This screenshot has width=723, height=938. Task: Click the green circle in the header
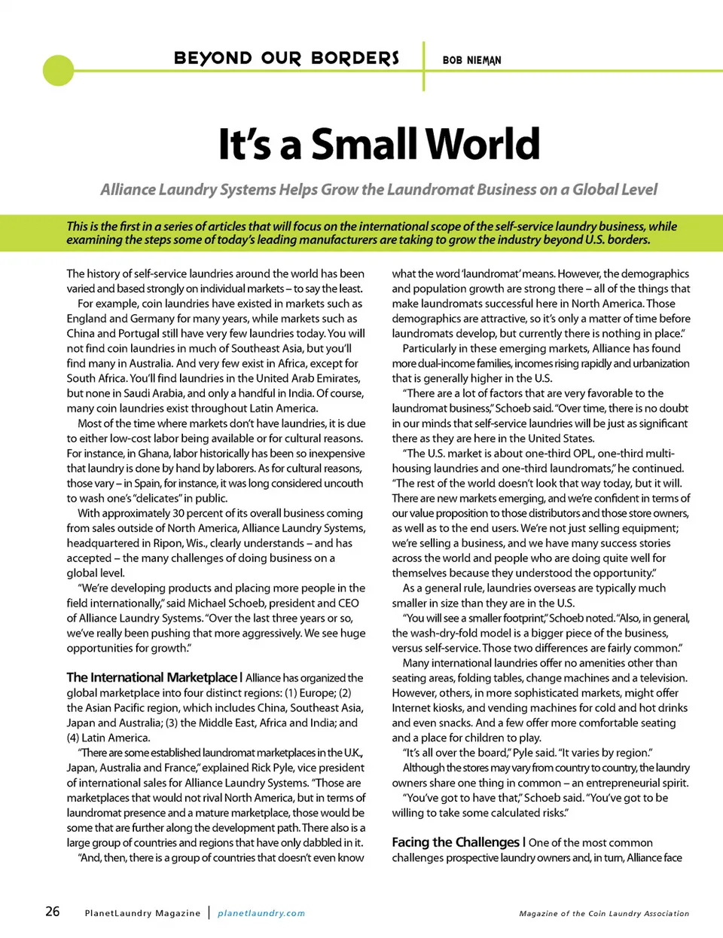tap(59, 70)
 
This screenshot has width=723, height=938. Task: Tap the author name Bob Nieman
tap(471, 60)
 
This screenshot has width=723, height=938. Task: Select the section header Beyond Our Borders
tap(286, 59)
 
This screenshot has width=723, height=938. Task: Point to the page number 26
tap(52, 912)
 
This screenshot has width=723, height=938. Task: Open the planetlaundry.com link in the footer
tap(261, 913)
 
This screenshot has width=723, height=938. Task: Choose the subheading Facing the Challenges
tap(455, 842)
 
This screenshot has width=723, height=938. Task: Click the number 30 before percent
tap(178, 514)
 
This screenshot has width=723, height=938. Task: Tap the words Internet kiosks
tap(427, 708)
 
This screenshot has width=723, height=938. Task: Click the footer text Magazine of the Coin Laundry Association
tap(604, 914)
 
